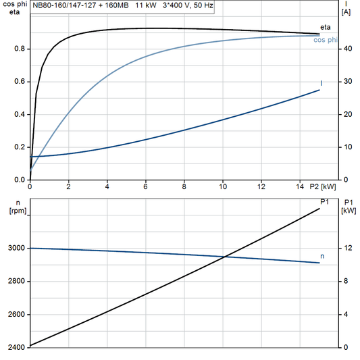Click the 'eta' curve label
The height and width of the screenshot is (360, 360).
pos(324,26)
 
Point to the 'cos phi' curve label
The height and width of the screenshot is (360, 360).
pos(327,40)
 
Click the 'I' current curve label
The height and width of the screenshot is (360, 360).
pos(321,83)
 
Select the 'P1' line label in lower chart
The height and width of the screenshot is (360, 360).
pos(324,202)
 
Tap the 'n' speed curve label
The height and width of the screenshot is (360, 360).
pos(322,257)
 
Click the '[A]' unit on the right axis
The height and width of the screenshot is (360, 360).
pos(346,12)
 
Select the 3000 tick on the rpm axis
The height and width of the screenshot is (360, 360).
pos(15,249)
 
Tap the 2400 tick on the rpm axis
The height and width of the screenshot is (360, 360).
pos(15,347)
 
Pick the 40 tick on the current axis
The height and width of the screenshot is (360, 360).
pos(347,49)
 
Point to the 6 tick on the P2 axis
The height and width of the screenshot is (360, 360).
pos(145,186)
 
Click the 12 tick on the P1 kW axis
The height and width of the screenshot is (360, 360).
pos(347,249)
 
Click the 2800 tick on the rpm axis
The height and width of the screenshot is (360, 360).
pos(15,282)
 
